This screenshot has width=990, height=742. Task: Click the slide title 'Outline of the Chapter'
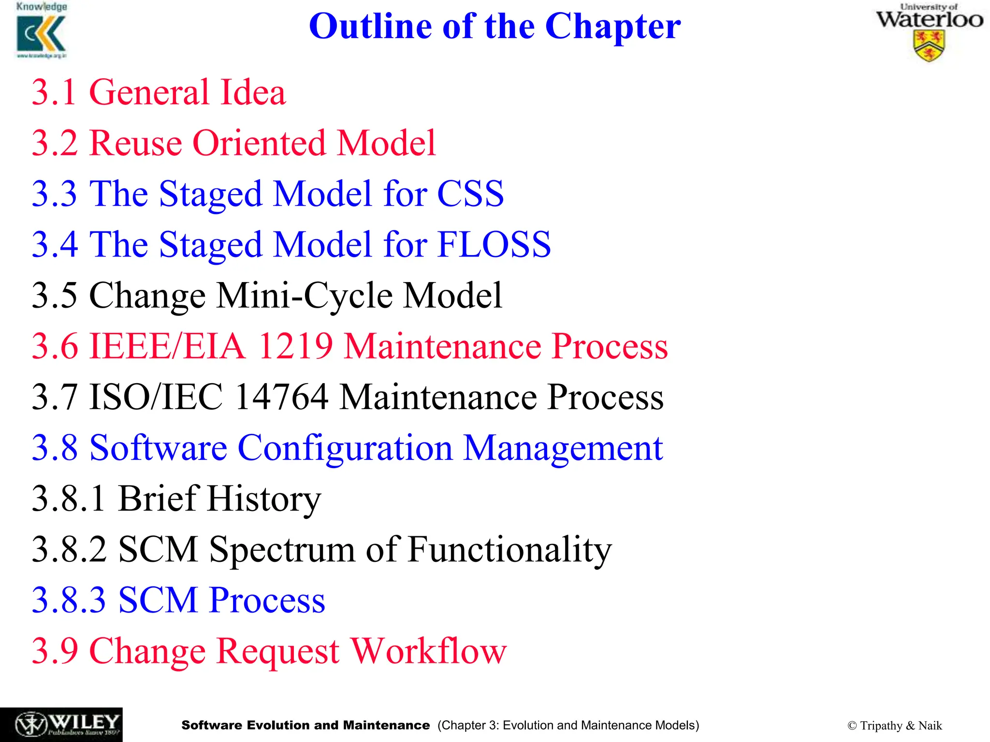point(495,26)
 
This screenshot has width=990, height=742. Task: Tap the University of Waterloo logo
point(929,33)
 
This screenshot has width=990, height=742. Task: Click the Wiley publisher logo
point(61,724)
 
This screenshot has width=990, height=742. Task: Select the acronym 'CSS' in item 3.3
point(470,194)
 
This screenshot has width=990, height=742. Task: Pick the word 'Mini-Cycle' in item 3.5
point(304,295)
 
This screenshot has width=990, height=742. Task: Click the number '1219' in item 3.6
point(295,346)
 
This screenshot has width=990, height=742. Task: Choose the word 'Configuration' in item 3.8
point(345,448)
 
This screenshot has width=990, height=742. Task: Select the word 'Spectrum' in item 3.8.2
point(282,549)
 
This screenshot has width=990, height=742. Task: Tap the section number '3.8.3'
point(69,600)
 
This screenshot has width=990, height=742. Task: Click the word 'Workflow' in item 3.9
point(428,651)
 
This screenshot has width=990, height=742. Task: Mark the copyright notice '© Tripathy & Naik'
point(894,726)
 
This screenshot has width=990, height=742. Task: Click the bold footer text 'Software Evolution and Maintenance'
point(306,725)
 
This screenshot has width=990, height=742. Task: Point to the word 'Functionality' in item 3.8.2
point(510,549)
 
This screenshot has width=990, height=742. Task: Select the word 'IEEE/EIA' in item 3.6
point(167,346)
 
